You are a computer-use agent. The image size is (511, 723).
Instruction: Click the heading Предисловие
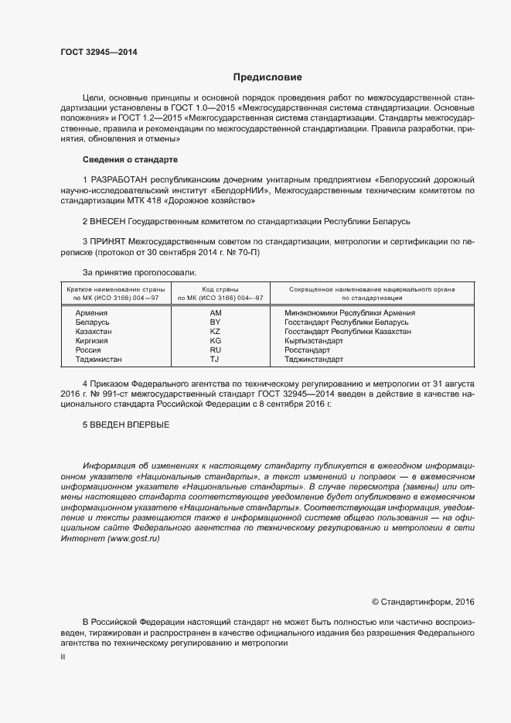pos(267,77)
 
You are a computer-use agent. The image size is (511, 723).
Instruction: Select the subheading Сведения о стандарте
pos(130,159)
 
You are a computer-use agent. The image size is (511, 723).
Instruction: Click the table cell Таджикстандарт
pos(314,359)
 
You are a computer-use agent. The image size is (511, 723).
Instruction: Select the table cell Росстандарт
pos(308,350)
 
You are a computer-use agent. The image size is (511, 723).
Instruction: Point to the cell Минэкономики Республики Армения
pos(349,312)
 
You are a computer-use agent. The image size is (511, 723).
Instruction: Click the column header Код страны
pos(220,288)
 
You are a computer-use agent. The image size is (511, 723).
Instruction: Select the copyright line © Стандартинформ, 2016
pos(423,601)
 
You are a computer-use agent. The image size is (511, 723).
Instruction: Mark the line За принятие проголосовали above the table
pos(139,272)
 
